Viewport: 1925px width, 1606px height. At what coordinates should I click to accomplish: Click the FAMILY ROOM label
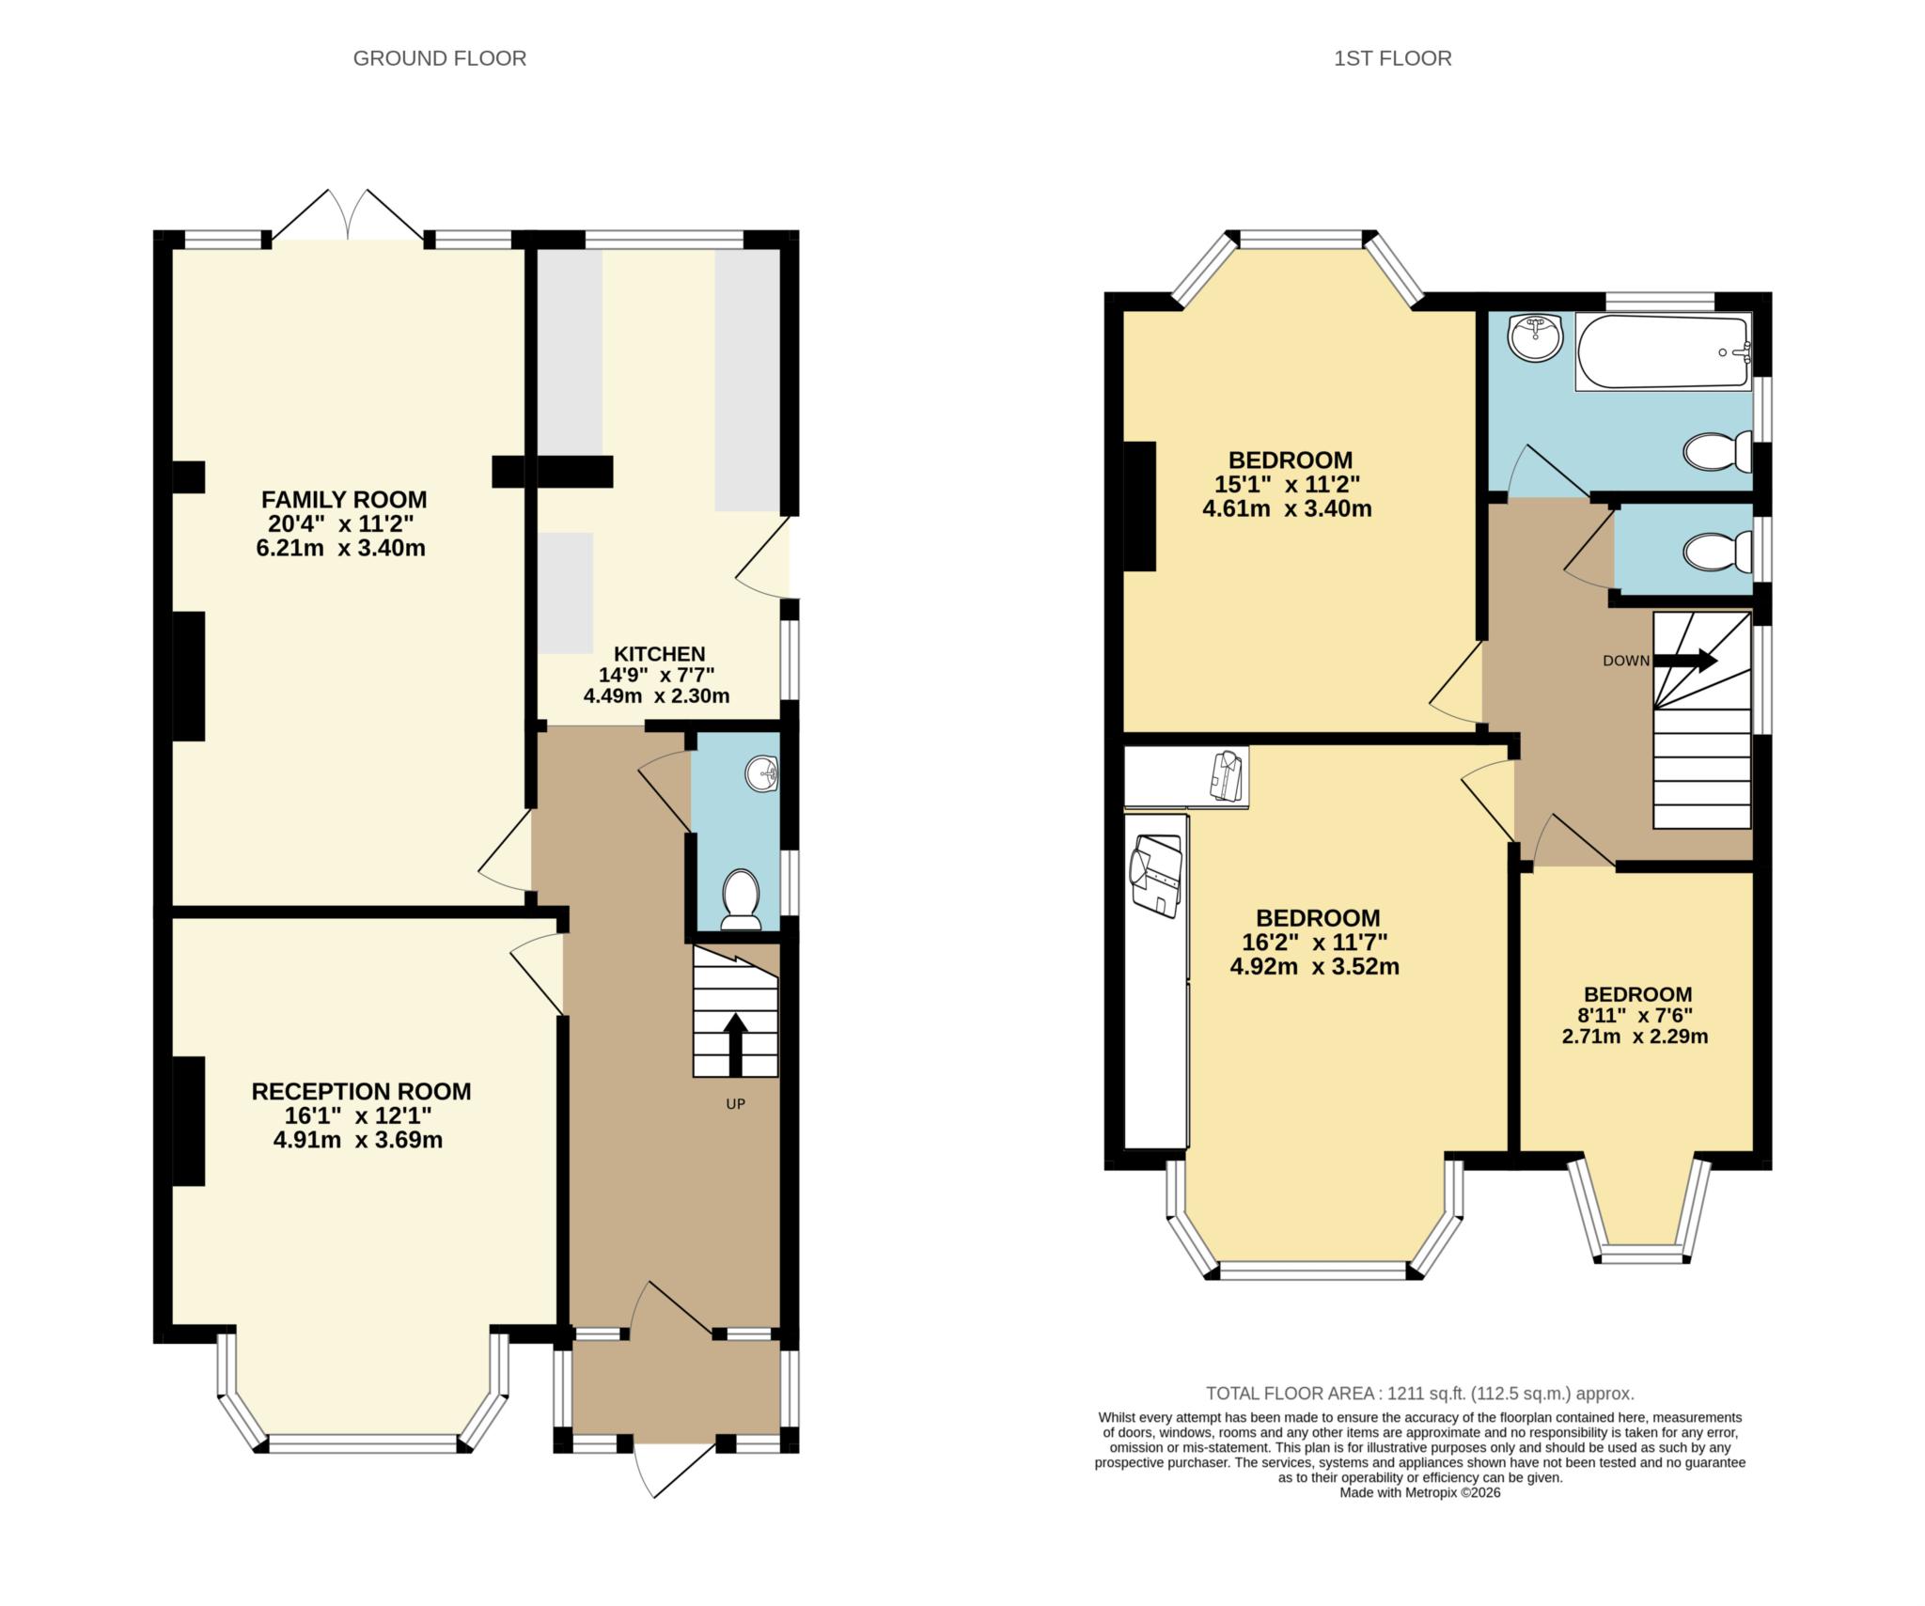tap(344, 499)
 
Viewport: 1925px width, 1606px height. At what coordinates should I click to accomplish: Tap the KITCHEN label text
tap(659, 654)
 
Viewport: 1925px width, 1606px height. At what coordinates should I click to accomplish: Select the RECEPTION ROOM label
tap(361, 1091)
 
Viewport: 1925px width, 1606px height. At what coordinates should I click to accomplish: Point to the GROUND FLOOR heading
tap(439, 58)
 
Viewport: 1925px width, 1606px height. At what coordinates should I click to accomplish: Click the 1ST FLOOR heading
tap(1392, 58)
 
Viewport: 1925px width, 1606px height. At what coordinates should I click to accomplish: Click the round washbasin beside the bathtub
tap(1535, 337)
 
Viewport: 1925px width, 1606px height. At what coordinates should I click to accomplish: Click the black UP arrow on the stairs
tap(735, 1044)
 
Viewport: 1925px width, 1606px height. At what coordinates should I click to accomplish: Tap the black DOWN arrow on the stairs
tap(1685, 661)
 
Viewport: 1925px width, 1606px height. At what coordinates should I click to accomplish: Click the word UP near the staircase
tap(735, 1104)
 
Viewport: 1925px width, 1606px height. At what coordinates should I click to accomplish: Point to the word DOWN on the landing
tap(1626, 661)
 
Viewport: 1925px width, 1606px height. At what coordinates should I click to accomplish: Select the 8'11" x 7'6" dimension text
tap(1637, 1015)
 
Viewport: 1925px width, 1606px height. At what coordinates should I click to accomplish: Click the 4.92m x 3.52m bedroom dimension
tap(1315, 966)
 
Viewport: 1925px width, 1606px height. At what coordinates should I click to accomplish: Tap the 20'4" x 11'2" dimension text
tap(341, 523)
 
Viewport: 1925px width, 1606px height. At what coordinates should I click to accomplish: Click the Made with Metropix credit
tap(1420, 1492)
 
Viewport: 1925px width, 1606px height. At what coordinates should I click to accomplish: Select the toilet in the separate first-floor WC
tap(1718, 552)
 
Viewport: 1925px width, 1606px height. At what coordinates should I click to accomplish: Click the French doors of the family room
tap(348, 214)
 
